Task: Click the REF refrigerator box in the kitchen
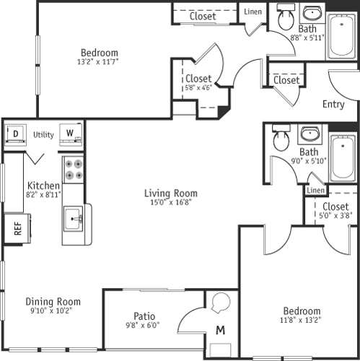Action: click(15, 229)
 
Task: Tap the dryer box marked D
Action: click(15, 134)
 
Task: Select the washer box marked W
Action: click(70, 134)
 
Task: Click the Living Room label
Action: click(170, 193)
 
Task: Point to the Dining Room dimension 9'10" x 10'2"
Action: click(53, 312)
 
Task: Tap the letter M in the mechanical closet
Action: click(220, 330)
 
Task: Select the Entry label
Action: click(333, 104)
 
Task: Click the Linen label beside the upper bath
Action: click(253, 12)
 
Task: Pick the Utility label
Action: click(43, 134)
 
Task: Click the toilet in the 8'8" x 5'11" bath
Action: click(285, 19)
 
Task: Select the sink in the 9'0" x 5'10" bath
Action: click(310, 135)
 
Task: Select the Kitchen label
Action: click(43, 186)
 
